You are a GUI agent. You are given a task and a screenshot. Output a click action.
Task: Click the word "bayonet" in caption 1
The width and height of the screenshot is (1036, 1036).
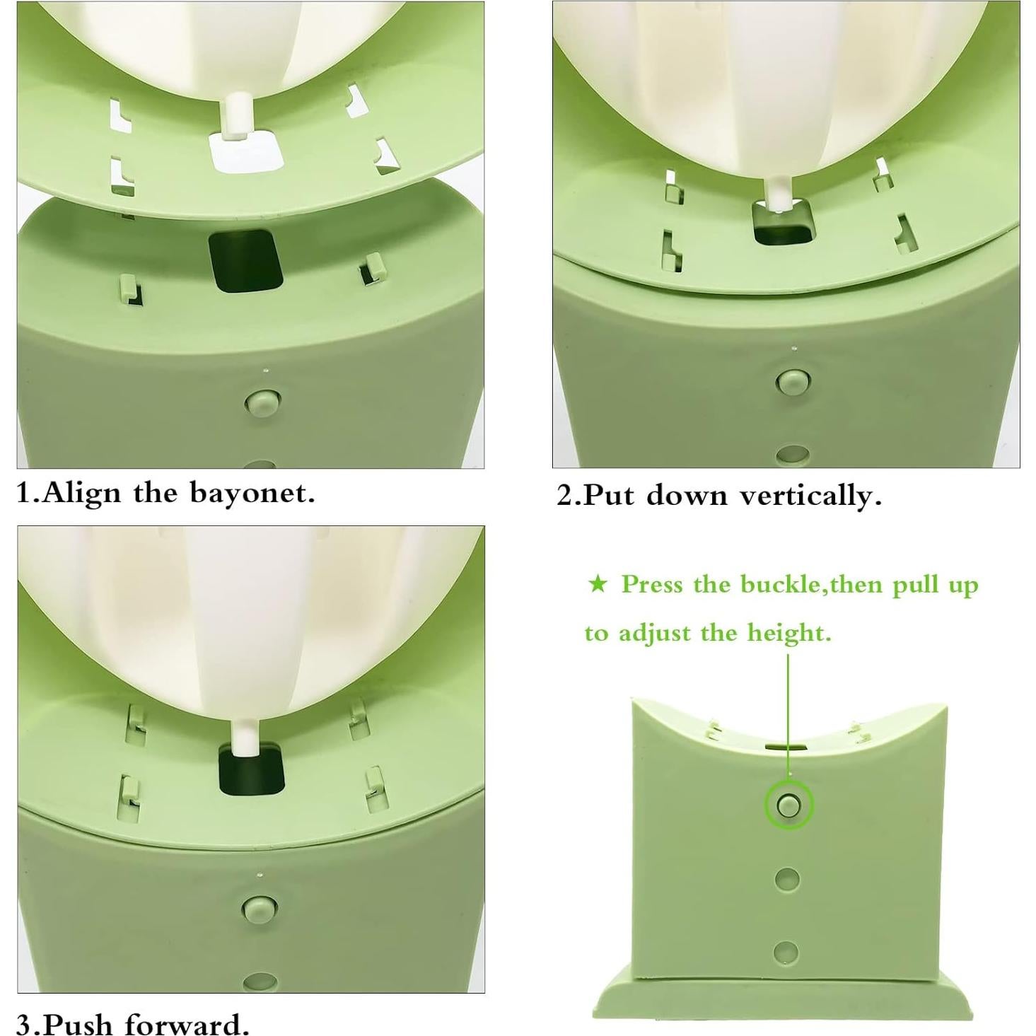(251, 493)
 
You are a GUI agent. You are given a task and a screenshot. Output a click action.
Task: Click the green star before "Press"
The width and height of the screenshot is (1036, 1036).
(598, 584)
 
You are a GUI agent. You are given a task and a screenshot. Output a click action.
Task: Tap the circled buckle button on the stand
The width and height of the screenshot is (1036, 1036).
(788, 805)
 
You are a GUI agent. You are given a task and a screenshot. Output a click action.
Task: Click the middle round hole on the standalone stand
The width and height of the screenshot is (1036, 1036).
(787, 880)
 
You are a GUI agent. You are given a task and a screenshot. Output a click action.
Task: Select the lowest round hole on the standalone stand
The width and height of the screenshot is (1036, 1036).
(786, 953)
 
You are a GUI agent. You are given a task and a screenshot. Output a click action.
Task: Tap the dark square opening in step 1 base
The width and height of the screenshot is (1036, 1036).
(245, 260)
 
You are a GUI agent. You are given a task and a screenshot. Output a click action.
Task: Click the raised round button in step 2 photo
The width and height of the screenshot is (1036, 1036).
(793, 381)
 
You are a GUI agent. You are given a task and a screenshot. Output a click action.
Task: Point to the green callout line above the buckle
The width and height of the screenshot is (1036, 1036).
(788, 707)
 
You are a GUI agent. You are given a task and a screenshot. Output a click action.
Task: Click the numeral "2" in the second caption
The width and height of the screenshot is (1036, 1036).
(564, 496)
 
